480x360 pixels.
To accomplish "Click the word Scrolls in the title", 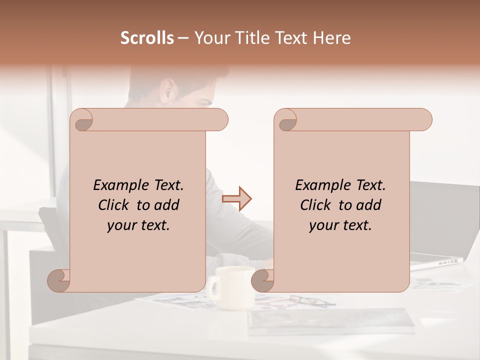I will pos(147,38).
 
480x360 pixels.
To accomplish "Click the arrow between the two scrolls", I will pos(236,198).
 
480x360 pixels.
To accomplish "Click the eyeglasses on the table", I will pos(312,301).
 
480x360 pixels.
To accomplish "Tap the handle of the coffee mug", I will pos(214,287).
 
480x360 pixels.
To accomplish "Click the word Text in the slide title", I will pos(292,38).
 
